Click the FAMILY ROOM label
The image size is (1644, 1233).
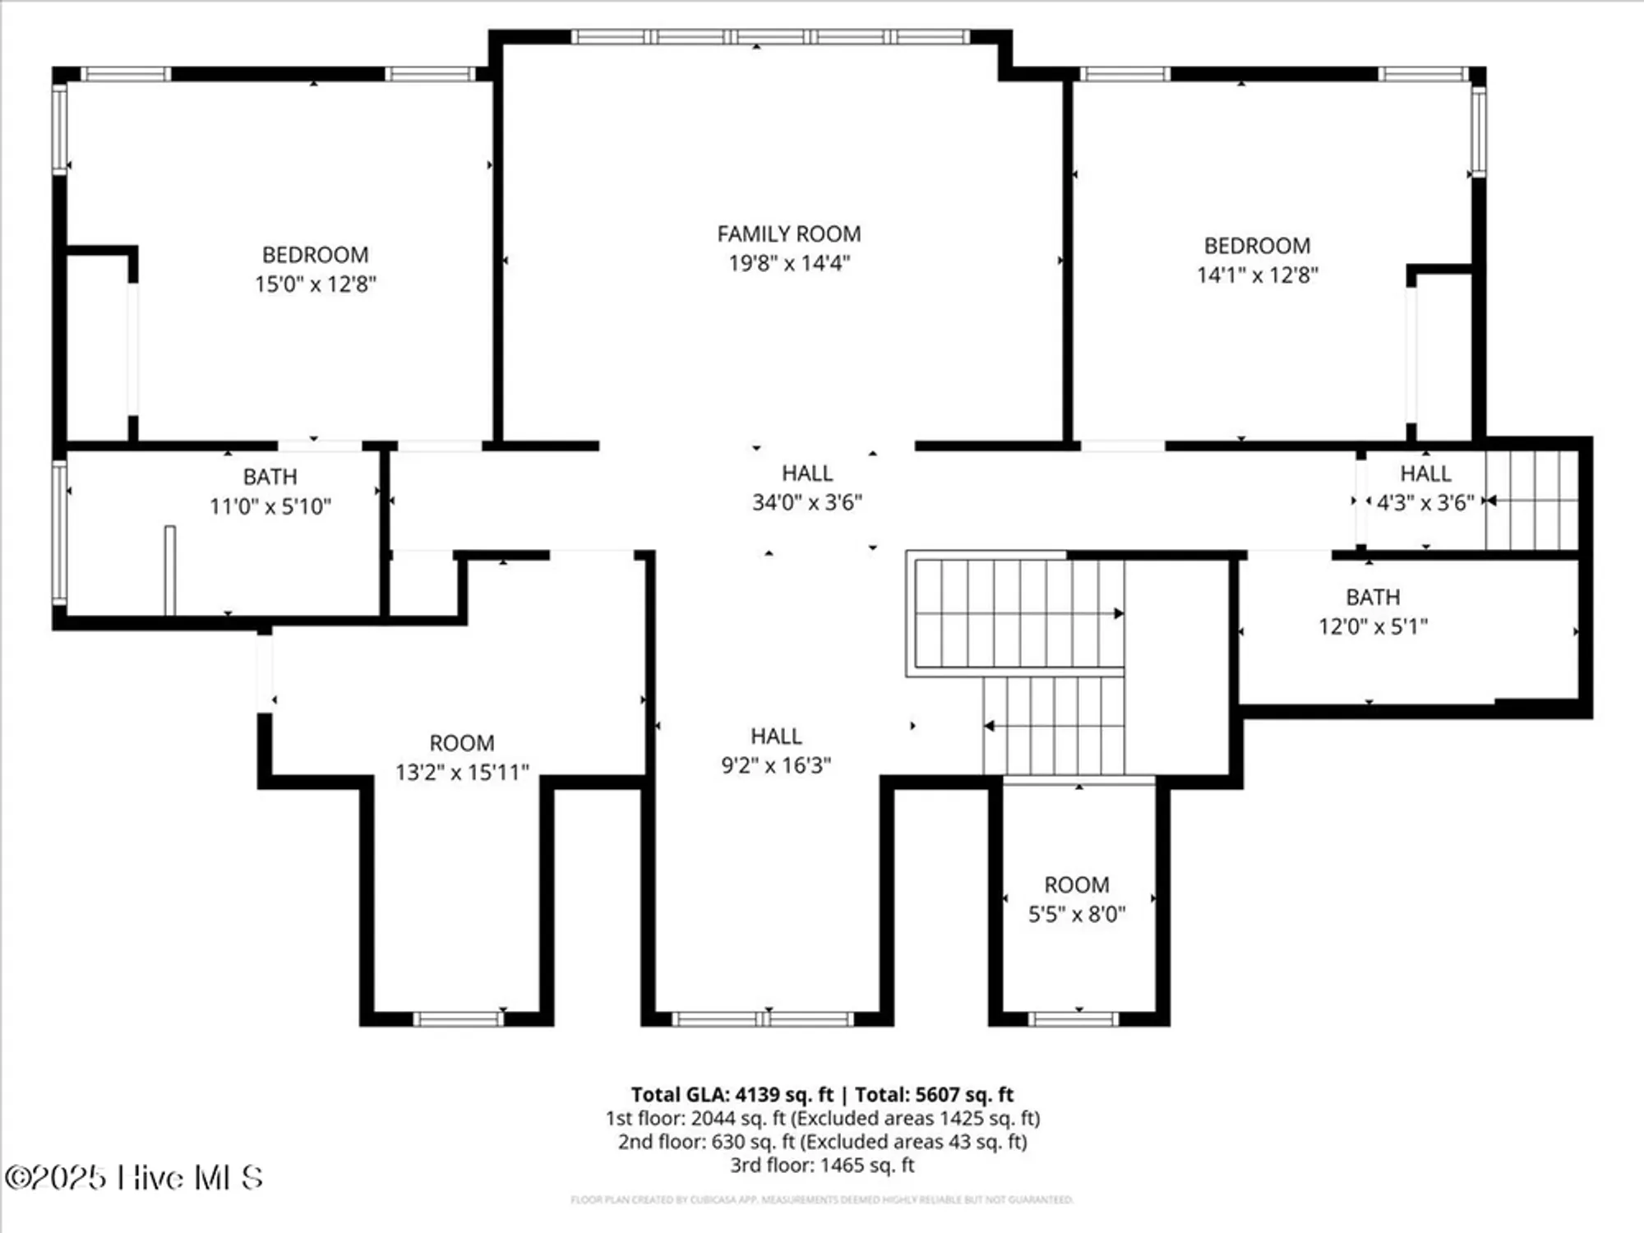point(788,234)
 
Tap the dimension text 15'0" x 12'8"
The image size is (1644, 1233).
point(315,284)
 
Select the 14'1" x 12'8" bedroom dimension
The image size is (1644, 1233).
point(1257,275)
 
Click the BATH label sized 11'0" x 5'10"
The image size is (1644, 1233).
point(270,477)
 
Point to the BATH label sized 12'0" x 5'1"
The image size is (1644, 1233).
point(1372,598)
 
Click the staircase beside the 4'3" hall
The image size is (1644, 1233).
point(1531,500)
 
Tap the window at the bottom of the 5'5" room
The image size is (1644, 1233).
point(1073,1019)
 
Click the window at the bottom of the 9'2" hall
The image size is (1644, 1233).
point(763,1019)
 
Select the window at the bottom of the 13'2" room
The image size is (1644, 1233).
point(458,1019)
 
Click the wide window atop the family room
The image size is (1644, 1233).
point(770,37)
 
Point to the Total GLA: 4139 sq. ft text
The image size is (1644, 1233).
point(732,1095)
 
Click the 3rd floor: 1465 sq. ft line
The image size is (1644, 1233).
point(822,1165)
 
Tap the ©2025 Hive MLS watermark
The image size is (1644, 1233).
point(134,1178)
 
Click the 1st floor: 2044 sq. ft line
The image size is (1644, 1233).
point(822,1119)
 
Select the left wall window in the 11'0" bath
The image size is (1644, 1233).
point(59,533)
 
